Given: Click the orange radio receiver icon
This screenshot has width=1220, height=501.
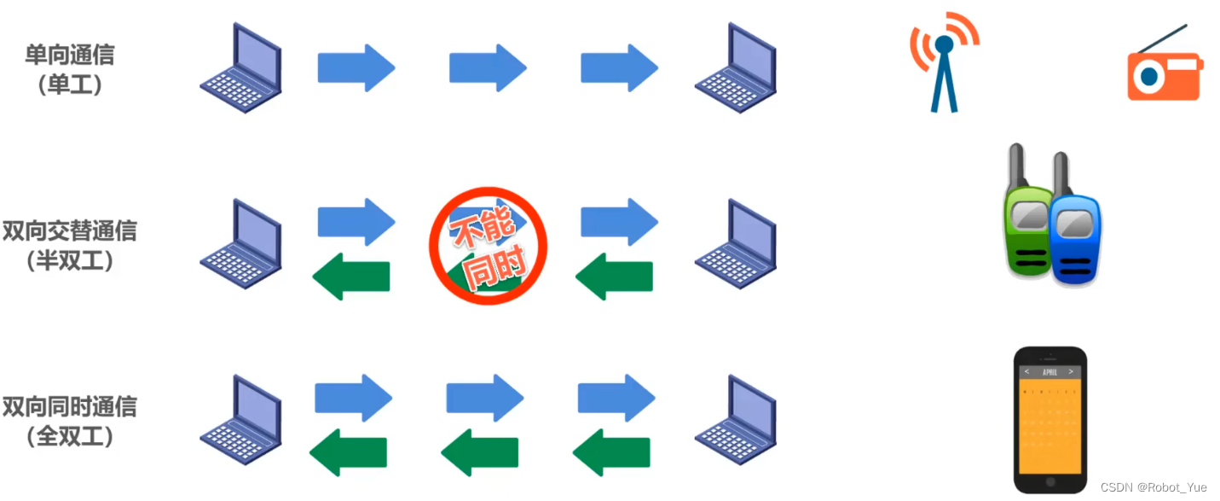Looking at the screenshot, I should click(1164, 76).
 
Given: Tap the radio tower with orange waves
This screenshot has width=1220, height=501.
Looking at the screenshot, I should click(944, 64).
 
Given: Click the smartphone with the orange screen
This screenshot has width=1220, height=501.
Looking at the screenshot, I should click(1050, 419).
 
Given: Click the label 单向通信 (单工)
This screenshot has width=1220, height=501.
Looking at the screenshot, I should click(70, 70).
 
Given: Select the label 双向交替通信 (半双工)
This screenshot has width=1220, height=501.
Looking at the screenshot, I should click(70, 246).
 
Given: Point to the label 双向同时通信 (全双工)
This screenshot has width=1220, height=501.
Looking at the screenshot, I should click(70, 421).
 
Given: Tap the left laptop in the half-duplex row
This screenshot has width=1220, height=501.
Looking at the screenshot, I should click(242, 245).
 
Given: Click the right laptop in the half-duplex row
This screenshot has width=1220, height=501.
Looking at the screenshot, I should click(736, 245).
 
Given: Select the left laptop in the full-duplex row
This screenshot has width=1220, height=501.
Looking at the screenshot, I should click(242, 421).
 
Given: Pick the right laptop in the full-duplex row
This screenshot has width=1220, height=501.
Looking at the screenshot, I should click(736, 421).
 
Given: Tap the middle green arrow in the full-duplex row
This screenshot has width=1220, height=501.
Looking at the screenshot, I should click(480, 452).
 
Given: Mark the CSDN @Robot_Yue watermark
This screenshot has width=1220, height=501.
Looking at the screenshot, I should click(1154, 487).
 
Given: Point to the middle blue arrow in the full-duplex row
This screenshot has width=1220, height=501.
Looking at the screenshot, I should click(484, 398).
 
